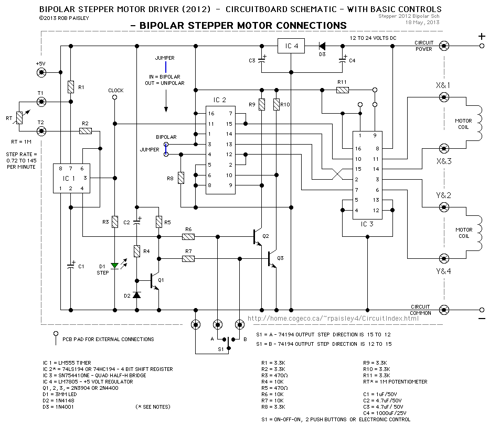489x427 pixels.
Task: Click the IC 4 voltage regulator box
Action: pyautogui.click(x=291, y=46)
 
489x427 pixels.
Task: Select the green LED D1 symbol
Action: pyautogui.click(x=114, y=266)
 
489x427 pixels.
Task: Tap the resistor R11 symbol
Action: pyautogui.click(x=342, y=90)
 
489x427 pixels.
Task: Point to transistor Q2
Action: pyautogui.click(x=258, y=236)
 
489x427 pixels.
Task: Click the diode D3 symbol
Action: pyautogui.click(x=322, y=46)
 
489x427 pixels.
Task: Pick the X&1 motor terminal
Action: pyautogui.click(x=444, y=96)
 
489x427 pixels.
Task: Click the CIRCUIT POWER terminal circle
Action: pyautogui.click(x=444, y=46)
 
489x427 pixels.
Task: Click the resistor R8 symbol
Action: pyautogui.click(x=181, y=178)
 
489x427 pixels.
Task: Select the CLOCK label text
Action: pyautogui.click(x=115, y=90)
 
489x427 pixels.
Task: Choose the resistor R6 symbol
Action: pyautogui.click(x=188, y=236)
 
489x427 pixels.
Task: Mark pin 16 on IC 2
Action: pyautogui.click(x=210, y=113)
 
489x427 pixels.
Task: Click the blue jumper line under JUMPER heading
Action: pyautogui.click(x=165, y=67)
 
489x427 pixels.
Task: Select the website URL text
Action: pyautogui.click(x=325, y=319)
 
